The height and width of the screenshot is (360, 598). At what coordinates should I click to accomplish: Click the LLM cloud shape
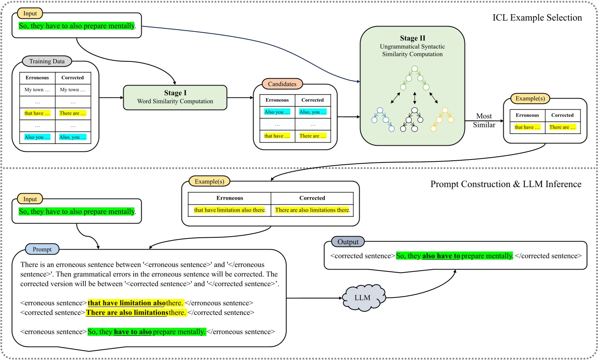[x=362, y=298]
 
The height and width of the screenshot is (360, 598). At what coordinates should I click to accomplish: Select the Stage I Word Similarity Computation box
[x=175, y=97]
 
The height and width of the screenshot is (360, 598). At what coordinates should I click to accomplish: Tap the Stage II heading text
[x=412, y=38]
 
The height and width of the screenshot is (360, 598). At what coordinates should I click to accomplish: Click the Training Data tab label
[x=47, y=61]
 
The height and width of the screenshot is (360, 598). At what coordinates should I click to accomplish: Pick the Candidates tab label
[x=282, y=84]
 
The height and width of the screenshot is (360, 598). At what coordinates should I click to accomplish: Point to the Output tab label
[x=348, y=242]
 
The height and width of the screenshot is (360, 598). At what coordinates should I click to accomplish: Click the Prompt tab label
[x=42, y=249]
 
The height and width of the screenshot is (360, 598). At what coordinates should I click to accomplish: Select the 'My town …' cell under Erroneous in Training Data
[x=37, y=90]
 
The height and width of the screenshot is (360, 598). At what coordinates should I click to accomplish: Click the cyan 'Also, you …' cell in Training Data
[x=73, y=137]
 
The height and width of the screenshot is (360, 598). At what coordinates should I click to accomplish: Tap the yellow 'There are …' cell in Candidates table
[x=313, y=136]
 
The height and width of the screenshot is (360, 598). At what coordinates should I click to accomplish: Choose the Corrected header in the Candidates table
[x=313, y=100]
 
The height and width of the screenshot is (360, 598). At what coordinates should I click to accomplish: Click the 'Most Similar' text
[x=484, y=120]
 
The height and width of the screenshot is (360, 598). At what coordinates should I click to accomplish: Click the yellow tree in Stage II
[x=442, y=119]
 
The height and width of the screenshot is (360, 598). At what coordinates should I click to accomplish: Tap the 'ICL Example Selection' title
[x=537, y=18]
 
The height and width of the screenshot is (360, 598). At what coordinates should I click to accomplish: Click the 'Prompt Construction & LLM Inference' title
[x=506, y=184]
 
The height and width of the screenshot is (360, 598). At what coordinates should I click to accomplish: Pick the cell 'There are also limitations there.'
[x=312, y=210]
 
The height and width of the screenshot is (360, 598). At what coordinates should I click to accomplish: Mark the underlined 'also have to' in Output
[x=441, y=256]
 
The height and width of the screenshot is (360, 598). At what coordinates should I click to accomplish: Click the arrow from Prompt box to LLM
[x=314, y=298]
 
